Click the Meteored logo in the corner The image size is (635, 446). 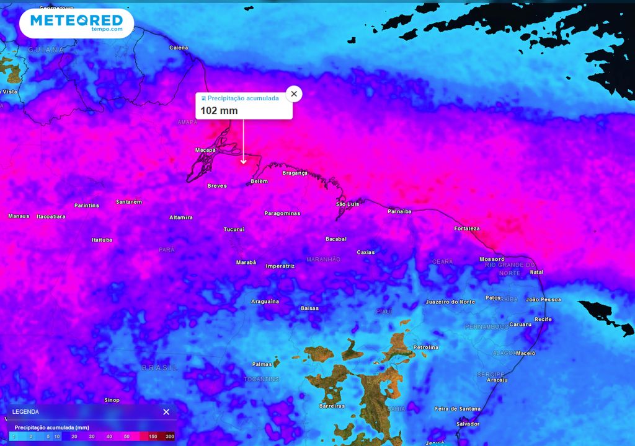tap(76, 23)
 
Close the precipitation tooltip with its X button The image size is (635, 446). tap(294, 94)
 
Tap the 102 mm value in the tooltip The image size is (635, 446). tap(219, 111)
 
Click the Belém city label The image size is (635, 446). tap(259, 181)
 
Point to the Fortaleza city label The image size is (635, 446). tap(466, 229)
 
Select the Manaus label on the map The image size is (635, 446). tap(19, 216)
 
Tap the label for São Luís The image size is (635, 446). tap(348, 204)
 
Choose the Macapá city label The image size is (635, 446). tap(205, 150)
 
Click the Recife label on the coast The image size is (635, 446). tap(543, 319)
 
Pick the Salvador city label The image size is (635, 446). tap(468, 424)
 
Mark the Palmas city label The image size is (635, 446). tap(262, 364)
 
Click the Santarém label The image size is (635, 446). tap(129, 202)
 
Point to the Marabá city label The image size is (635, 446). tap(246, 262)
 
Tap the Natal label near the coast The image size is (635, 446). tap(536, 272)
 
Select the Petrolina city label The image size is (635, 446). tap(425, 348)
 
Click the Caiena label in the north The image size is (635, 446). tap(179, 48)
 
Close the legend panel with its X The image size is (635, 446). tap(166, 412)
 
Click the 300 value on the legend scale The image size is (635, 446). tap(169, 437)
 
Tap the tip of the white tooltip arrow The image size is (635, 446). tap(243, 164)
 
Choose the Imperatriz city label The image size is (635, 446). tap(280, 266)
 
